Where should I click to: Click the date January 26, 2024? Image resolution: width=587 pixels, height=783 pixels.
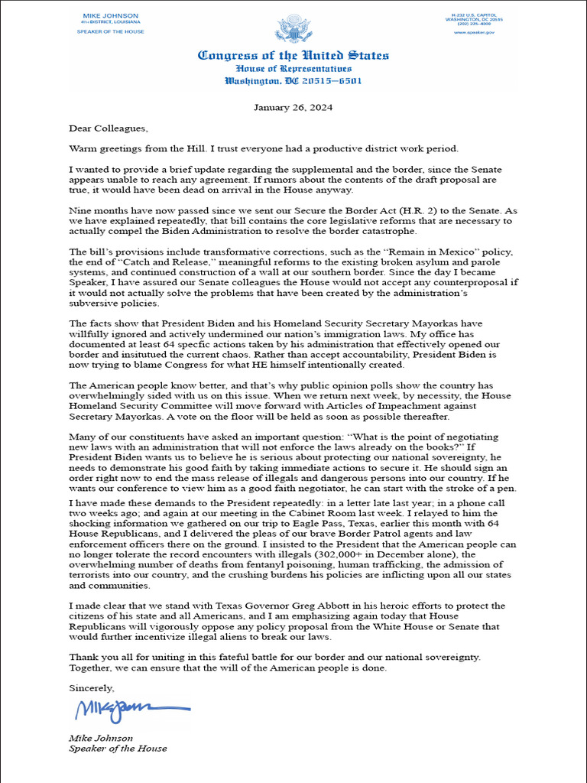pos(293,107)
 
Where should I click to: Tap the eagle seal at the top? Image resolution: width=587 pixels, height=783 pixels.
pos(293,30)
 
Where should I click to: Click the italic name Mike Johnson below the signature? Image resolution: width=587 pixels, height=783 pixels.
pos(101,738)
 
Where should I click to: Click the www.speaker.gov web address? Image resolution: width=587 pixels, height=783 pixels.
pos(479,32)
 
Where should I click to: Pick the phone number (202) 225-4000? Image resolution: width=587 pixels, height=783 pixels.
pos(479,24)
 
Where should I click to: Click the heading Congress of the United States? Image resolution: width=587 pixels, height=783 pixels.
pos(293,56)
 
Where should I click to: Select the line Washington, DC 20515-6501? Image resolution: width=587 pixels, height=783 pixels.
pos(293,80)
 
